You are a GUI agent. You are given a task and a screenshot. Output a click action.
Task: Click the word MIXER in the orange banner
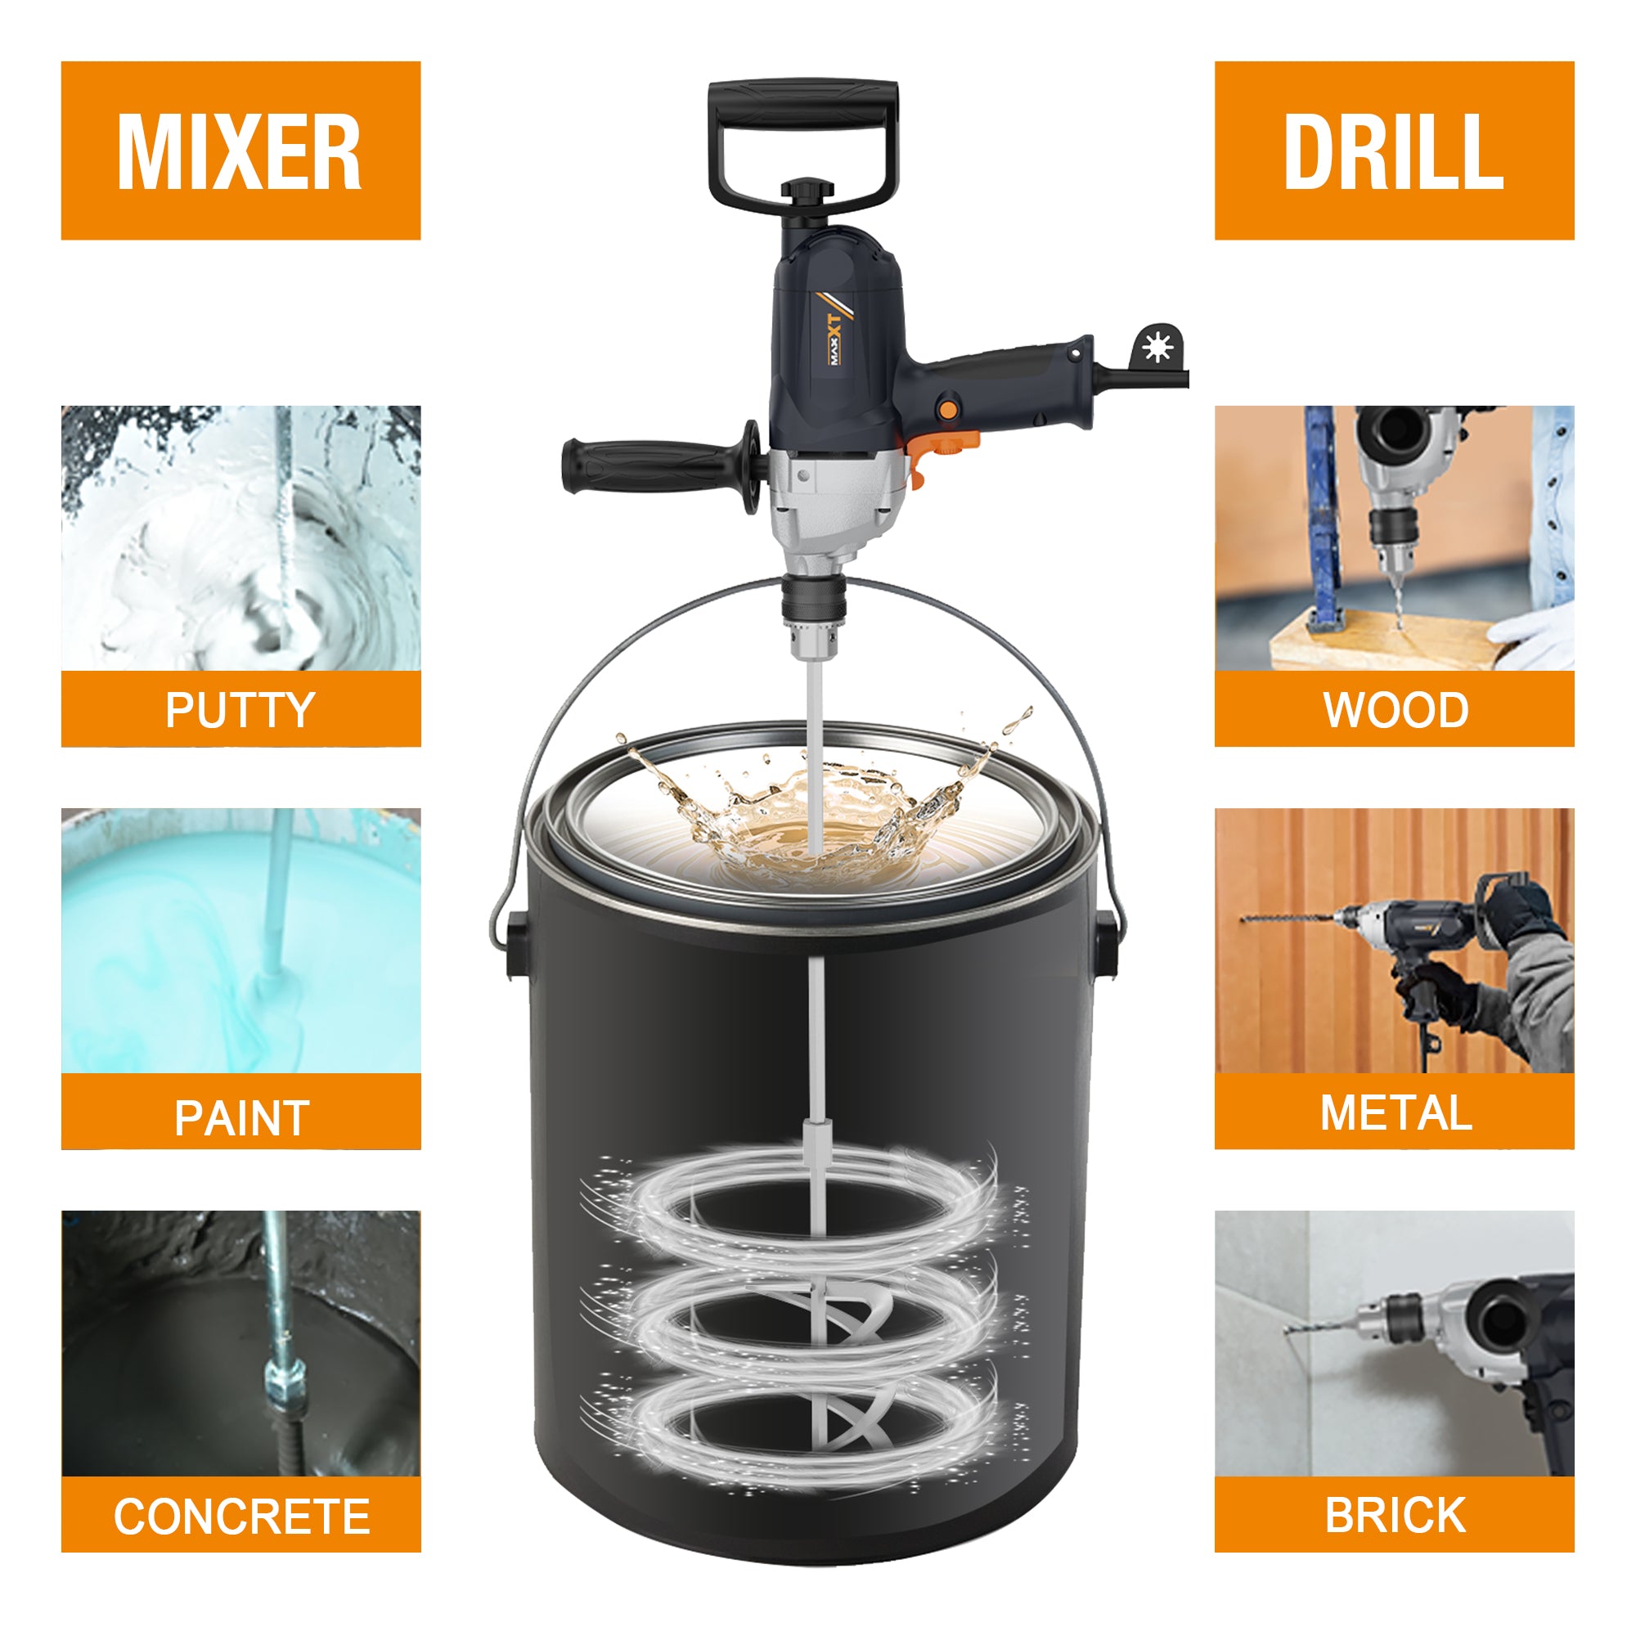pyautogui.click(x=240, y=152)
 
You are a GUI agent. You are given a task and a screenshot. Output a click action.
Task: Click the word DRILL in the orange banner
pyautogui.click(x=1393, y=152)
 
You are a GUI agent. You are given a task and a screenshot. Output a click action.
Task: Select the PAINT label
pyautogui.click(x=241, y=1117)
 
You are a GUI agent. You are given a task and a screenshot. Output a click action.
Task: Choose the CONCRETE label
pyautogui.click(x=241, y=1516)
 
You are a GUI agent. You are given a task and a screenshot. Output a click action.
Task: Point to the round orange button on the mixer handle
pyautogui.click(x=949, y=410)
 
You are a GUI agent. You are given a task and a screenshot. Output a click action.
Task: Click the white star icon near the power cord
pyautogui.click(x=1155, y=347)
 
